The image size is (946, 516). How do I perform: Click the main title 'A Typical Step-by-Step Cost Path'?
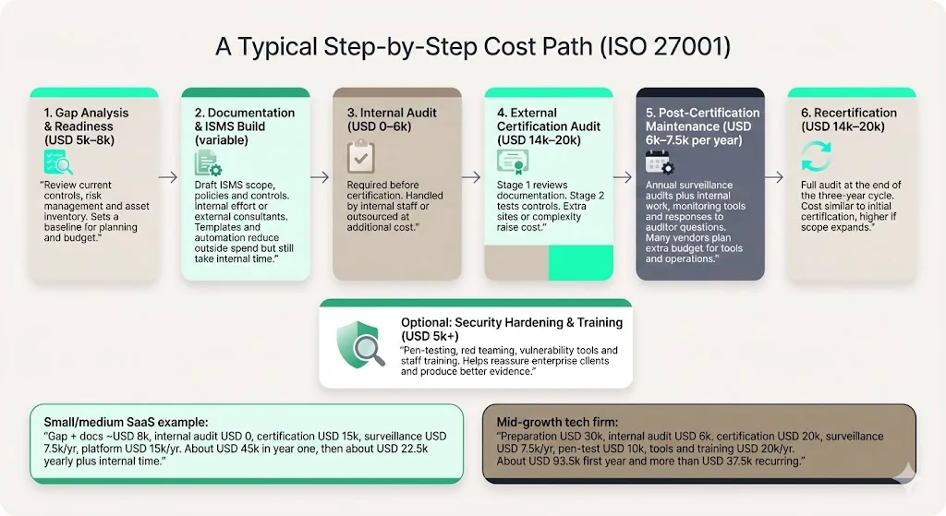[x=472, y=47]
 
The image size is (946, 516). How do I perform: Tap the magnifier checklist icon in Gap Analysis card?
[x=57, y=162]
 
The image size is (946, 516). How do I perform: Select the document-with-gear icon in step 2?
[x=208, y=163]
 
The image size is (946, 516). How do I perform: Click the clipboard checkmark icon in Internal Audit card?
[x=360, y=157]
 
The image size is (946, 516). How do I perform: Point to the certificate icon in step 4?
[x=513, y=162]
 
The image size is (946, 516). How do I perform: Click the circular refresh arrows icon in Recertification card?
[x=816, y=157]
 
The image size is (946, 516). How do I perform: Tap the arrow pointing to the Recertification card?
[x=775, y=176]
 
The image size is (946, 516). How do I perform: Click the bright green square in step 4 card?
[x=580, y=263]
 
